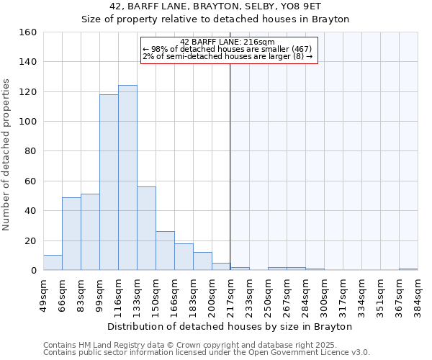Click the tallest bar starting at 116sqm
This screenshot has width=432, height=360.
pyautogui.click(x=127, y=178)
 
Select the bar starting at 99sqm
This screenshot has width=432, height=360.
pyautogui.click(x=109, y=182)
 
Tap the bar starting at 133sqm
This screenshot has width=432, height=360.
pyautogui.click(x=146, y=228)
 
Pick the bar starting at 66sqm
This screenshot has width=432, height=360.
pyautogui.click(x=71, y=234)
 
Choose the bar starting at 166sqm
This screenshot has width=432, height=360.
pyautogui.click(x=184, y=257)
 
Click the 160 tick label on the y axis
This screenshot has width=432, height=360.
pyautogui.click(x=28, y=32)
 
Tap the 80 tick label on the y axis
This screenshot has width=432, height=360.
pyautogui.click(x=31, y=151)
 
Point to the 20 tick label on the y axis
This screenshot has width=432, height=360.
pyautogui.click(x=31, y=240)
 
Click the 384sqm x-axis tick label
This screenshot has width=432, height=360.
pyautogui.click(x=418, y=296)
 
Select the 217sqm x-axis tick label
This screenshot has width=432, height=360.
pyautogui.click(x=230, y=296)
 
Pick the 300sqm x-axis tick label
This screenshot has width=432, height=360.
pyautogui.click(x=324, y=296)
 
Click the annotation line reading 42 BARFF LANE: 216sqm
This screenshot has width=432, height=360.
pyautogui.click(x=228, y=42)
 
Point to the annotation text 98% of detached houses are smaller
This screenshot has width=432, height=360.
pyautogui.click(x=228, y=49)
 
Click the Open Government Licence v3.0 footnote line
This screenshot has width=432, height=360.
pyautogui.click(x=207, y=353)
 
